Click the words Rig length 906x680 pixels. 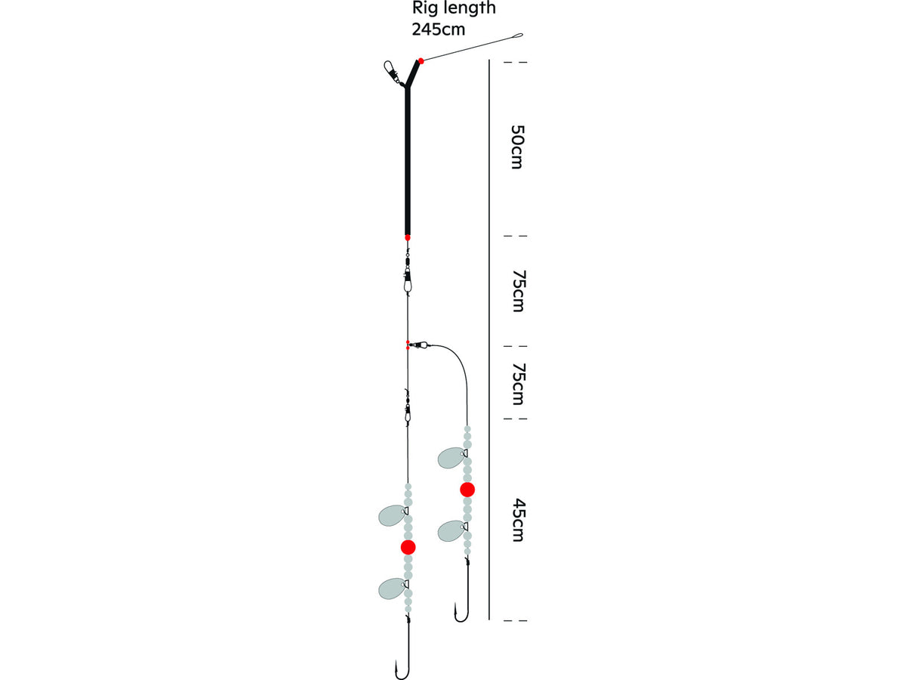click(454, 8)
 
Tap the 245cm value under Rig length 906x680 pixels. click(439, 29)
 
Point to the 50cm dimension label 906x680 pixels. click(517, 147)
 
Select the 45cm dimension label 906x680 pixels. click(518, 521)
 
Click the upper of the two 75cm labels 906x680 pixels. click(518, 291)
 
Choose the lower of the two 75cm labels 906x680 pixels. click(518, 384)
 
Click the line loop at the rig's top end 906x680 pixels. click(518, 36)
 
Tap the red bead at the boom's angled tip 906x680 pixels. click(421, 61)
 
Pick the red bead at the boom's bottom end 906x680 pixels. click(408, 237)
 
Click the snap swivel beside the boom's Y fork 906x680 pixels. click(393, 73)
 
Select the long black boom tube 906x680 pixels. click(408, 160)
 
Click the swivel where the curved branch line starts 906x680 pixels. click(420, 344)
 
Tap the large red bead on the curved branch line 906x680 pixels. click(467, 490)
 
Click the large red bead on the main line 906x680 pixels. click(408, 547)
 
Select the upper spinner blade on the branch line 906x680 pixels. click(452, 458)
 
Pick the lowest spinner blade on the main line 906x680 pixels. click(393, 588)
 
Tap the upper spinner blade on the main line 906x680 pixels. click(393, 515)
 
